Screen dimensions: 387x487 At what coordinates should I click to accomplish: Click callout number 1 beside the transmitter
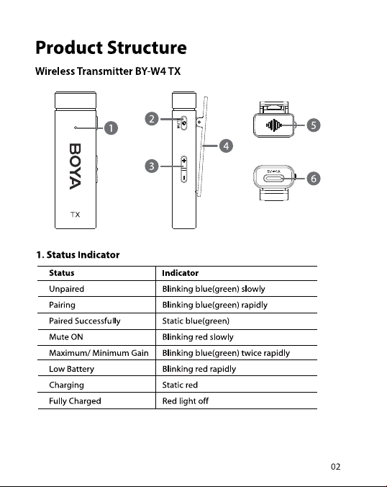(111, 128)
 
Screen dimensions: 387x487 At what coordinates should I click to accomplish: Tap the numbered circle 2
(152, 119)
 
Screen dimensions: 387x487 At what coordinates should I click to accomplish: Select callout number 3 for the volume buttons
(152, 166)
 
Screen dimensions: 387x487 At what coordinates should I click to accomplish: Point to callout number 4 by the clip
(226, 146)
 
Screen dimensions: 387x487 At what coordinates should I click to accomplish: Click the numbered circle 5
(314, 125)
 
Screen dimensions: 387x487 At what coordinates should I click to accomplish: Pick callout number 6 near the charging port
(314, 179)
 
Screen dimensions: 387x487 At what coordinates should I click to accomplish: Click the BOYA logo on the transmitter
(75, 166)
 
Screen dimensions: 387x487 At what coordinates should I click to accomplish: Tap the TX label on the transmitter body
(75, 215)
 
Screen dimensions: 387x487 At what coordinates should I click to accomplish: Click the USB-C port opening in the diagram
(273, 179)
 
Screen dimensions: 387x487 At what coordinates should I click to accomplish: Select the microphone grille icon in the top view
(273, 125)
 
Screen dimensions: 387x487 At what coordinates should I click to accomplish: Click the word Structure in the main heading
(147, 48)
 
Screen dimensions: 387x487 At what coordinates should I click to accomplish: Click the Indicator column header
(180, 273)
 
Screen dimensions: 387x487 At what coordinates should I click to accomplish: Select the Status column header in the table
(62, 273)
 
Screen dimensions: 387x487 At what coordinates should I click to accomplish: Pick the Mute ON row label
(66, 337)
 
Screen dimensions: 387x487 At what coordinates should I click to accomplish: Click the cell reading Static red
(180, 385)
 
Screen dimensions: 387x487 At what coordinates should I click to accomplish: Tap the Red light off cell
(186, 401)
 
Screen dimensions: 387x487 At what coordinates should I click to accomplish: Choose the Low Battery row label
(72, 369)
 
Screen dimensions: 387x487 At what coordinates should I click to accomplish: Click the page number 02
(335, 467)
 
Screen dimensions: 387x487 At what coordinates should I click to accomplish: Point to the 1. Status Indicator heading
(78, 255)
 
